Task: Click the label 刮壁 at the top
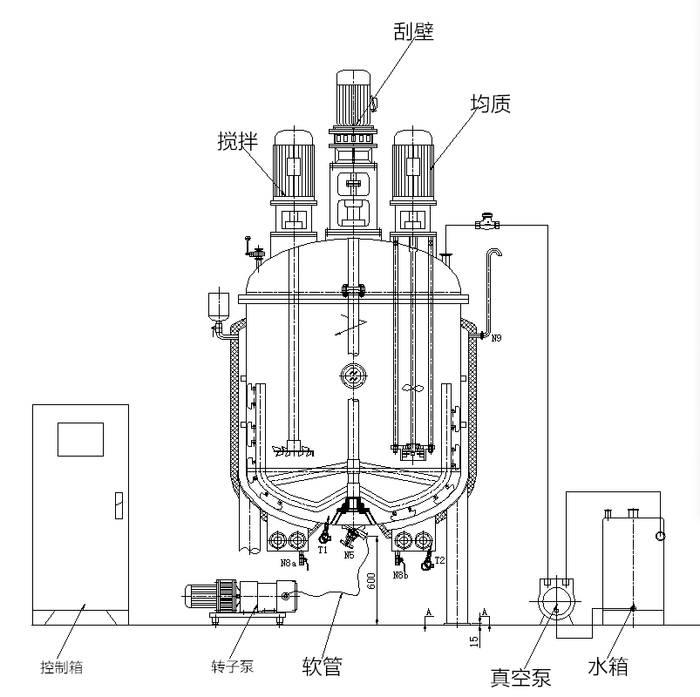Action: (413, 32)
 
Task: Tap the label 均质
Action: (490, 104)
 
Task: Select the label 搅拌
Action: (237, 141)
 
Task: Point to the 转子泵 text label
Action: (232, 667)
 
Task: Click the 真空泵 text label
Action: (520, 678)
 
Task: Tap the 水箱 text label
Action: (608, 667)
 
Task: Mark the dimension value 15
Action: (474, 641)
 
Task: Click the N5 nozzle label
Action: (349, 555)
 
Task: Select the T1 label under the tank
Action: (323, 551)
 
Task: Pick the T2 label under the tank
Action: (439, 560)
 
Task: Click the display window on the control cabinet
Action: (80, 439)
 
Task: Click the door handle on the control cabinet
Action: (119, 504)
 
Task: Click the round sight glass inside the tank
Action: (351, 374)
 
